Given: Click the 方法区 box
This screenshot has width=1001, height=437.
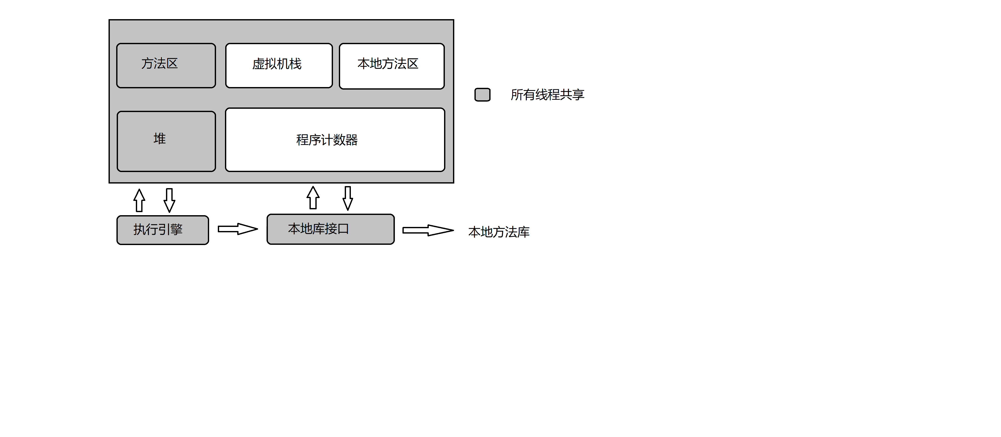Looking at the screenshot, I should click(166, 66).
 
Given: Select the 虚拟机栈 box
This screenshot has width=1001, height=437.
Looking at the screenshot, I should click(279, 66).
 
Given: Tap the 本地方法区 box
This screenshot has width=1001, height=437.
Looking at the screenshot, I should click(391, 66).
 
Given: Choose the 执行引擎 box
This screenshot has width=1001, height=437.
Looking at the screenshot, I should click(162, 230).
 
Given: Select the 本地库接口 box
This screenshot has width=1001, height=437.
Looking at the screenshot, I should click(330, 229).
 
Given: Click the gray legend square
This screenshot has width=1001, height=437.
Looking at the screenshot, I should click(482, 95).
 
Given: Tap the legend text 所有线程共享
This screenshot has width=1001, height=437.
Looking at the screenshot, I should click(547, 95).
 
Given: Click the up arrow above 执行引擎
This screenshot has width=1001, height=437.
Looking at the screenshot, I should click(139, 200).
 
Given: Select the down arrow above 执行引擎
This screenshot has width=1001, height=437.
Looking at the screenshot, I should click(169, 200).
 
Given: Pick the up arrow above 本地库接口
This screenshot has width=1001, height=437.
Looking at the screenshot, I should click(313, 198).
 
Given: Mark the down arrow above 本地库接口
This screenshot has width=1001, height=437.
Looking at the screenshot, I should click(347, 198).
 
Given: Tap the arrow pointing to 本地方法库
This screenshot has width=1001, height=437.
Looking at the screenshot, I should click(427, 230).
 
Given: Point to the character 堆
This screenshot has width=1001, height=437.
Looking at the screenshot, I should click(159, 139).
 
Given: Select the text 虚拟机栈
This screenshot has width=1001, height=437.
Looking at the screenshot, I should click(277, 64).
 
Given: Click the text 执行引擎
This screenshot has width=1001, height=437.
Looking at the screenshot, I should click(158, 229).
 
